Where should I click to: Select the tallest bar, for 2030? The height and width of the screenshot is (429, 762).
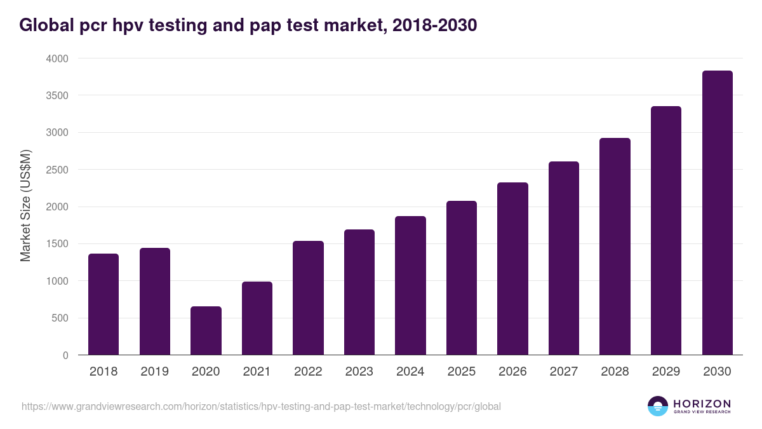pyautogui.click(x=717, y=213)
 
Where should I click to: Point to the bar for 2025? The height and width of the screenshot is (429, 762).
pyautogui.click(x=462, y=278)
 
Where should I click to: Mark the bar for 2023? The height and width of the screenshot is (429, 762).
pyautogui.click(x=359, y=292)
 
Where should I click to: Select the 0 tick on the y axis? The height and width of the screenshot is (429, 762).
pyautogui.click(x=65, y=355)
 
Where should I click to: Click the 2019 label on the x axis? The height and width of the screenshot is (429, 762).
pyautogui.click(x=155, y=372)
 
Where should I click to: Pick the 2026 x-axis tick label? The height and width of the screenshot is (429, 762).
pyautogui.click(x=512, y=372)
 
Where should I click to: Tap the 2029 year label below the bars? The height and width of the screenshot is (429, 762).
pyautogui.click(x=666, y=372)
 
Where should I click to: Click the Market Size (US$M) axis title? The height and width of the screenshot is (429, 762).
pyautogui.click(x=25, y=207)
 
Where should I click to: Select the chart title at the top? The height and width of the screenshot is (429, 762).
pyautogui.click(x=248, y=25)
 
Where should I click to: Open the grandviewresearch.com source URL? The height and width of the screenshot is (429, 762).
pyautogui.click(x=261, y=406)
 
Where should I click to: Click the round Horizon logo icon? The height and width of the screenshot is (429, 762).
pyautogui.click(x=658, y=406)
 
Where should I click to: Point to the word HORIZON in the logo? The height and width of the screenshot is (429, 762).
pyautogui.click(x=702, y=403)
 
